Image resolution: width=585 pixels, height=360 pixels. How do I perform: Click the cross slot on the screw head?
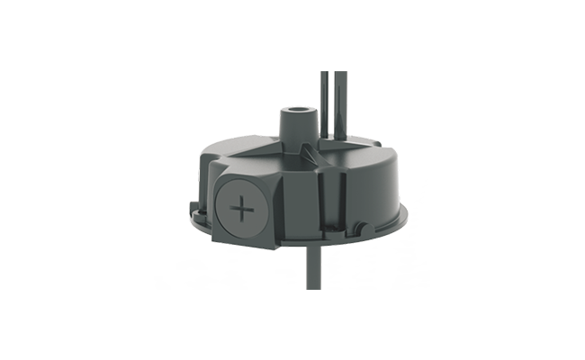[242, 211]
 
